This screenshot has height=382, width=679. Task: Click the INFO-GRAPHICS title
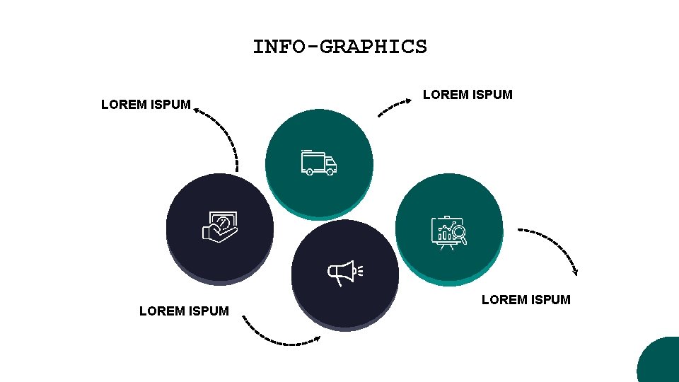pos(339,47)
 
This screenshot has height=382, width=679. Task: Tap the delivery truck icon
pos(318,163)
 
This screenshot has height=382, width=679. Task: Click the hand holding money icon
pos(220,227)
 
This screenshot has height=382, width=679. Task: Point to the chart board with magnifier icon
pos(449,232)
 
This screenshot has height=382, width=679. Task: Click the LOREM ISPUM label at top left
pos(146,105)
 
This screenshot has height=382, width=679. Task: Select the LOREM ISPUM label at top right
pos(468,94)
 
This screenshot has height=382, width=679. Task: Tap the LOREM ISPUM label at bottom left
pos(184,311)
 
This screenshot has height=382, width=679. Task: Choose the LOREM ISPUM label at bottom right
pos(526,300)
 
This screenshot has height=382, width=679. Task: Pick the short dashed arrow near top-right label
pos(394,108)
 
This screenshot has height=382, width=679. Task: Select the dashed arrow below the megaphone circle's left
pos(280,336)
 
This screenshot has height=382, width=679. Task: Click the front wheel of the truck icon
pos(330,172)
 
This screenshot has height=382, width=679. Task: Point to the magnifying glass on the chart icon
pos(460,232)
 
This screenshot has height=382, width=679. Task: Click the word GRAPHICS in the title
pos(373,47)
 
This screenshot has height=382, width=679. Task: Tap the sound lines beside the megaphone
pos(361,270)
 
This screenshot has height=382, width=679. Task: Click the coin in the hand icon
pos(223,222)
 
